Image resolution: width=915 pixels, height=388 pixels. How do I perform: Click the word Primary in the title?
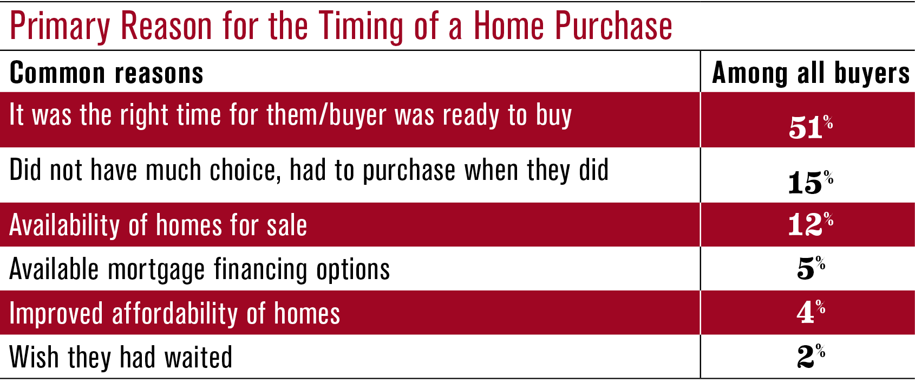pyautogui.click(x=61, y=27)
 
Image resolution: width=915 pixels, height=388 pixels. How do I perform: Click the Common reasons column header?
pyautogui.click(x=106, y=73)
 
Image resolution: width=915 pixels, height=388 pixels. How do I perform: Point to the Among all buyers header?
pyautogui.click(x=811, y=73)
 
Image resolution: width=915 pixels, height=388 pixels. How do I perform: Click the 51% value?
pyautogui.click(x=811, y=127)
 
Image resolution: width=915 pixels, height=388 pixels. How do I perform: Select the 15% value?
pyautogui.click(x=811, y=182)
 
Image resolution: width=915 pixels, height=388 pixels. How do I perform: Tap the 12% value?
pyautogui.click(x=811, y=224)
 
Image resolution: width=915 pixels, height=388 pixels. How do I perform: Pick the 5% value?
pyautogui.click(x=811, y=268)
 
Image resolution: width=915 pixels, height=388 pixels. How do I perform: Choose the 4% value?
pyautogui.click(x=811, y=312)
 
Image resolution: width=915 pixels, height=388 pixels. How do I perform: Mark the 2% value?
pyautogui.click(x=811, y=356)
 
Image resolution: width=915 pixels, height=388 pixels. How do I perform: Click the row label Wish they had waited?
pyautogui.click(x=121, y=357)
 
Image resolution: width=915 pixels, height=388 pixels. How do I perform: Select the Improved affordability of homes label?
pyautogui.click(x=175, y=313)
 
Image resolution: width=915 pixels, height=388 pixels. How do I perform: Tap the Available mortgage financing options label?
pyautogui.click(x=200, y=270)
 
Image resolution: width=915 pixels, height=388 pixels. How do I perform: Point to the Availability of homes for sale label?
pyautogui.click(x=158, y=225)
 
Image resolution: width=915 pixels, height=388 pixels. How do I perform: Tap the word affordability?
pyautogui.click(x=175, y=313)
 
